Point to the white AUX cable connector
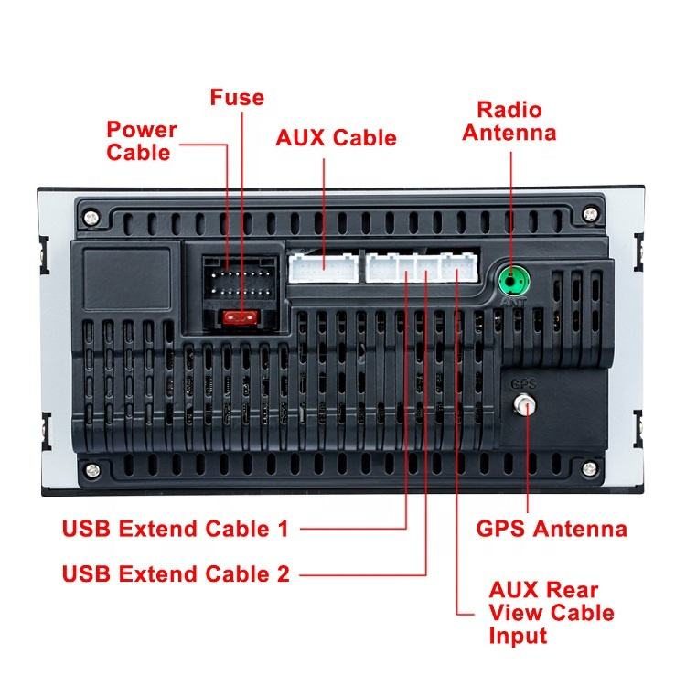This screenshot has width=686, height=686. tap(324, 267)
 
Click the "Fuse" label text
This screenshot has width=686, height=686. tap(237, 97)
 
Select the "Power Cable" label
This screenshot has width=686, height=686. tap(142, 141)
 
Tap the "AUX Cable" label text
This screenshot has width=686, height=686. tap(337, 138)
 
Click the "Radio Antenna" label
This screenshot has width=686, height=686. tap(509, 121)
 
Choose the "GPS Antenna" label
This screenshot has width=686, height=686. tap(552, 529)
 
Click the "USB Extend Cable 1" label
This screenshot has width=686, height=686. tap(175, 529)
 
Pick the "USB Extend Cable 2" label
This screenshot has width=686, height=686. tap(176, 574)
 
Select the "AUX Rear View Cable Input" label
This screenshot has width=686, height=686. tap(552, 612)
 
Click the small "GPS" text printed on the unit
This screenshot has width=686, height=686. tap(523, 384)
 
